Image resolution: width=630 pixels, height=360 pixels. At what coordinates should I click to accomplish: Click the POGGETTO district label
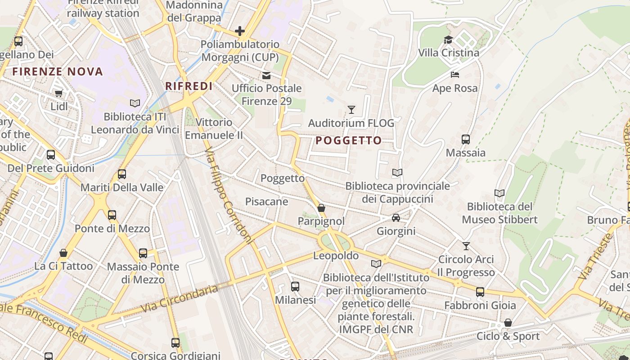tap(348, 140)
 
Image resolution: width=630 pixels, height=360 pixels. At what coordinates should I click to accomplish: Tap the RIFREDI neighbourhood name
tap(189, 86)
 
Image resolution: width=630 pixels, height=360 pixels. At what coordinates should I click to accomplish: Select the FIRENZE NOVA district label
tap(58, 72)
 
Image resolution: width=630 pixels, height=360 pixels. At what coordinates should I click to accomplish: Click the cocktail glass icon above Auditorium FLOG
tap(351, 109)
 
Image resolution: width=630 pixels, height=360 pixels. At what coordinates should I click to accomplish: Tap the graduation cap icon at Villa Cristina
tap(448, 40)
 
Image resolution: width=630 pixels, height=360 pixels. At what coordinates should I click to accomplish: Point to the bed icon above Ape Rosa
tap(455, 74)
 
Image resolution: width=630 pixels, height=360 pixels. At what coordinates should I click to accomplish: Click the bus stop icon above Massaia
tap(466, 139)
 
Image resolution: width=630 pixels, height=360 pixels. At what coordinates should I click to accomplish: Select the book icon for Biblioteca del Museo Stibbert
tap(499, 193)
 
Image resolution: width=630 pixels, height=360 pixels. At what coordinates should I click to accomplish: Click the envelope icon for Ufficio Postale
tap(267, 75)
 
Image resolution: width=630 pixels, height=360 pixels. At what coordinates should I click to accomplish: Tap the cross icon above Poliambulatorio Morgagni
tap(240, 31)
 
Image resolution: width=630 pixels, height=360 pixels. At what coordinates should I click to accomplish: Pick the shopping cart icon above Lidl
tap(58, 93)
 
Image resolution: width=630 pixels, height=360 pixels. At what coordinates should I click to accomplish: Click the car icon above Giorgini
tap(396, 218)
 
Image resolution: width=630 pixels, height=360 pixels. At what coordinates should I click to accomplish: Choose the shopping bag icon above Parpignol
tap(321, 208)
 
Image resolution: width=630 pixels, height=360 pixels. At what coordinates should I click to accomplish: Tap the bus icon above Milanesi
tap(295, 286)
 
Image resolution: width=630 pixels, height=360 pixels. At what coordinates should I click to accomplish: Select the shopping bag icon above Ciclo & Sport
tap(508, 323)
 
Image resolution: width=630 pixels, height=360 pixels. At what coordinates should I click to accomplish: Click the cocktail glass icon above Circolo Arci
tap(466, 246)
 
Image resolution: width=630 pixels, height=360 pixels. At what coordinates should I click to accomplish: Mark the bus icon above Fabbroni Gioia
tap(480, 292)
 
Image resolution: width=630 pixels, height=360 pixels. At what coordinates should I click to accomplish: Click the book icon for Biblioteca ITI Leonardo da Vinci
tap(135, 103)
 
